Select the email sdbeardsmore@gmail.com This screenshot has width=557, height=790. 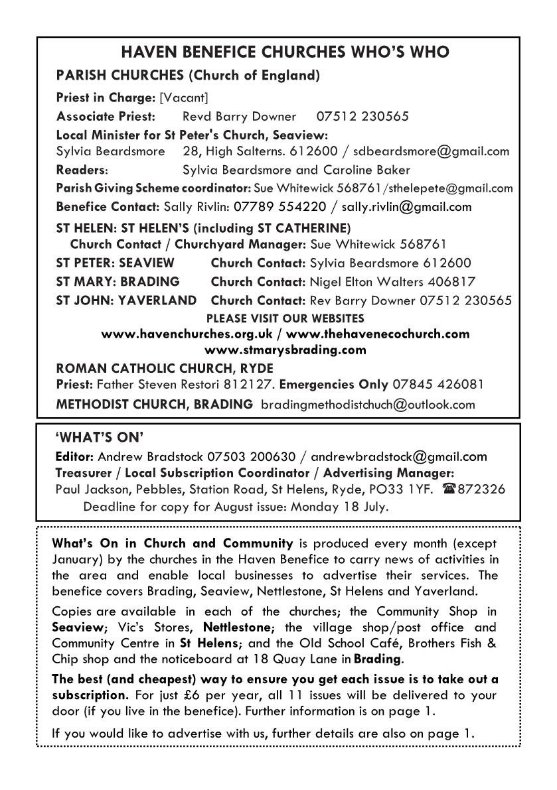pos(436,151)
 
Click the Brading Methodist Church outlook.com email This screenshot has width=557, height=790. pos(368,404)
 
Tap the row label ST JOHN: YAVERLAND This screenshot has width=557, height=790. pos(126,300)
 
